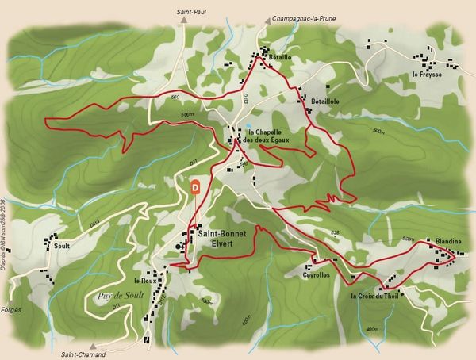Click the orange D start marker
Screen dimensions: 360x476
tap(195, 187)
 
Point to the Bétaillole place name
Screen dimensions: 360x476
tap(325, 102)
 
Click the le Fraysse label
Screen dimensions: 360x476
tap(425, 75)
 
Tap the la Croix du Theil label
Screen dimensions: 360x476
tap(372, 297)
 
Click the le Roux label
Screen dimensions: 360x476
tap(145, 281)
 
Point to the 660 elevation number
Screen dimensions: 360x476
tap(175, 97)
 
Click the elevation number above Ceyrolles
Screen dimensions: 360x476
tap(336, 232)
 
